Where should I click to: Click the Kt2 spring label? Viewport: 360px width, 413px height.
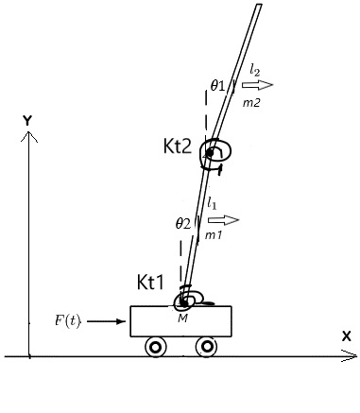tap(178, 146)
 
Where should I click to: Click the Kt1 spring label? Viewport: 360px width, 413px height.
tap(150, 282)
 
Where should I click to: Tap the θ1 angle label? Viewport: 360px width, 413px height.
tap(217, 85)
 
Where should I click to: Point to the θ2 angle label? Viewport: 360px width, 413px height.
tap(183, 224)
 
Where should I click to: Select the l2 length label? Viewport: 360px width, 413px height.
tap(255, 70)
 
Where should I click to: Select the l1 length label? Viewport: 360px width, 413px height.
tap(212, 203)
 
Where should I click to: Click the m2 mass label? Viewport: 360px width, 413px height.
tap(251, 102)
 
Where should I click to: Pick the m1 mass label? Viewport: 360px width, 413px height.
tap(214, 234)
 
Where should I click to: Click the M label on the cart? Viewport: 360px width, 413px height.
tap(182, 318)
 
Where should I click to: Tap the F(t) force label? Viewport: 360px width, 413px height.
tap(68, 320)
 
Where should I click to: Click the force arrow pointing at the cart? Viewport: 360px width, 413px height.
tap(106, 321)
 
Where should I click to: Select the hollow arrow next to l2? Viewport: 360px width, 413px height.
tap(257, 85)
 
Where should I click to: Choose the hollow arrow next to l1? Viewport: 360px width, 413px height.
tap(224, 220)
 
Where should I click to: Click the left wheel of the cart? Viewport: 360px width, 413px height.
tap(156, 347)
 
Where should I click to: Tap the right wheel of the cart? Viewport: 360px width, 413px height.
tap(207, 347)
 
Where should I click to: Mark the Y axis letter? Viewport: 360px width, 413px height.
tap(27, 120)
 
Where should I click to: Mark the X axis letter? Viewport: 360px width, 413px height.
tap(346, 336)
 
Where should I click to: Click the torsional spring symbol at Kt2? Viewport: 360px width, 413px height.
tap(215, 154)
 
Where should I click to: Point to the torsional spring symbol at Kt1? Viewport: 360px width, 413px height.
tap(191, 298)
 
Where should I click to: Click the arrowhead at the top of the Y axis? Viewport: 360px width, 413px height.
tap(29, 131)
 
